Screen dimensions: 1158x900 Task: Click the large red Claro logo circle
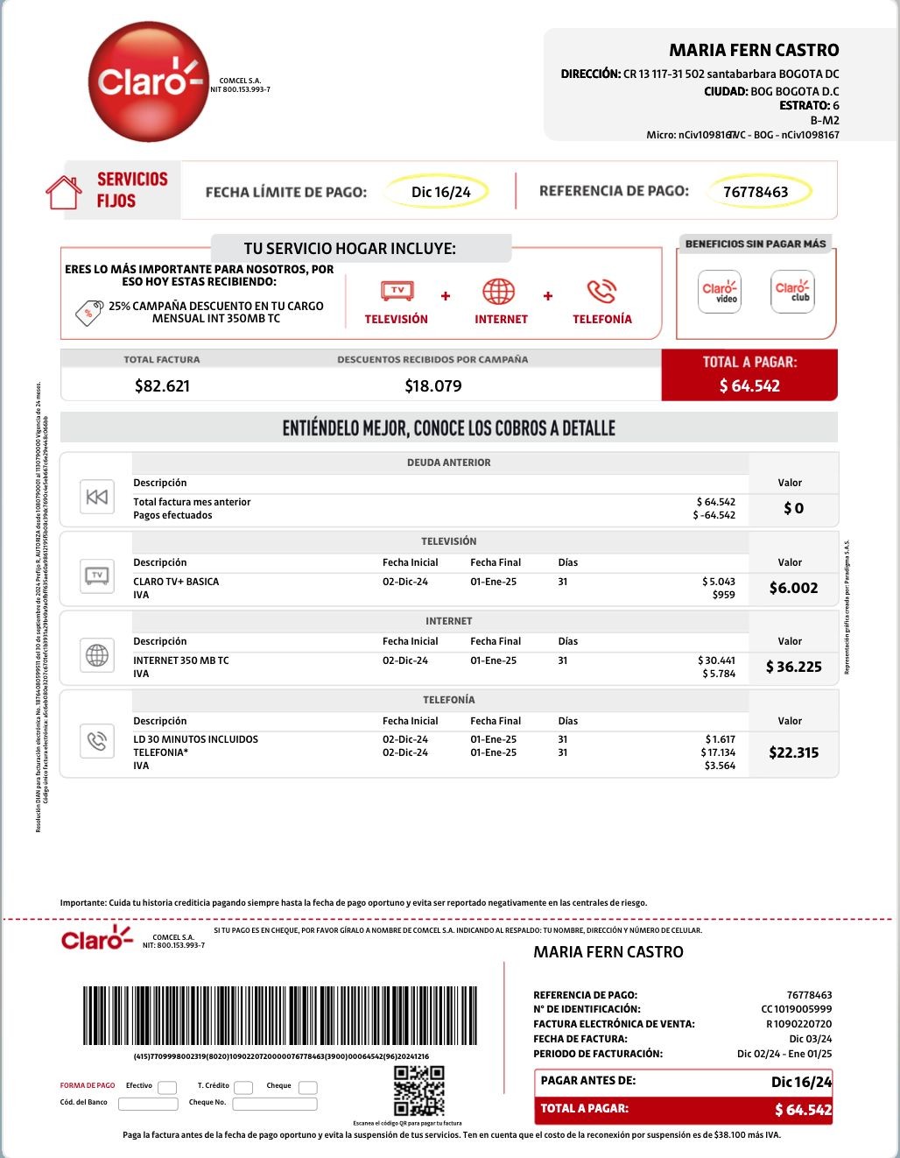point(147,82)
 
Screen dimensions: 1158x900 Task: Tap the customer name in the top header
point(754,50)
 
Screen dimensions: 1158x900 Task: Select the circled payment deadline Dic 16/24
point(440,192)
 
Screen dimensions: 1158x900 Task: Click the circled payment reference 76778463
point(756,192)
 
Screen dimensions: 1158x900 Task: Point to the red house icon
point(64,193)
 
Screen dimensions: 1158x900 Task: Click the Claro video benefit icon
point(720,292)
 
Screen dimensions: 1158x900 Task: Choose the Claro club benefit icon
point(792,292)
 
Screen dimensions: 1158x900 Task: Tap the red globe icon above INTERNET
point(499,292)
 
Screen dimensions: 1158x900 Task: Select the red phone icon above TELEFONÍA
point(601,292)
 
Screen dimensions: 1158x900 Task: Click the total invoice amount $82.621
point(162,385)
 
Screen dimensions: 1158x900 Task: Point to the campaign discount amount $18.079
point(433,385)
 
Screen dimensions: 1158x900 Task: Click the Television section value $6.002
point(793,588)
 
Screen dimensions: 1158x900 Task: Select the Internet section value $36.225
point(793,667)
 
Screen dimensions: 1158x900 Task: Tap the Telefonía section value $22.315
point(793,752)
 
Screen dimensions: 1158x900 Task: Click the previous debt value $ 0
point(793,508)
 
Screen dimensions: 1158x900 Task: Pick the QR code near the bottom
point(419,1091)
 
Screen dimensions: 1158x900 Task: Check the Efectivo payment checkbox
point(167,1087)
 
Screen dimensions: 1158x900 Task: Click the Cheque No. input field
point(274,1104)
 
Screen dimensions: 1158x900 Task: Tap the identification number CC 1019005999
point(796,1009)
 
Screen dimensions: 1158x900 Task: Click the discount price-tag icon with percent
point(88,313)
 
